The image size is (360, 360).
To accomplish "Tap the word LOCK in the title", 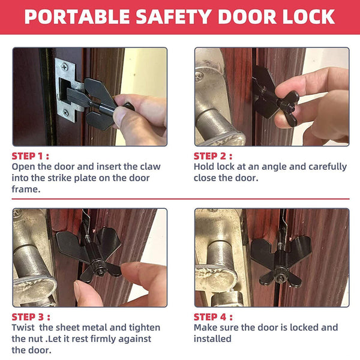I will (307, 17).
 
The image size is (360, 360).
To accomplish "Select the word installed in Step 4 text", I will (212, 338).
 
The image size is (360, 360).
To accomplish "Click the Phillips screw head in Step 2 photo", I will (200, 76).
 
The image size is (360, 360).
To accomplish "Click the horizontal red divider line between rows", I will (180, 198).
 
